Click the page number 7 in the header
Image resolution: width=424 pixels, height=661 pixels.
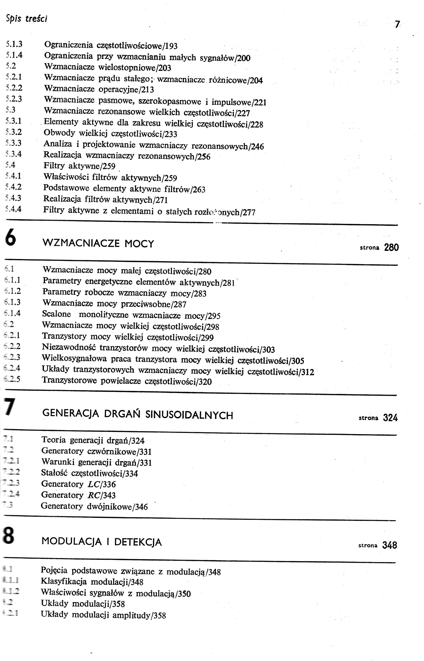(x=397, y=24)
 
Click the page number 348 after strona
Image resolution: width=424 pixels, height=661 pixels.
(x=390, y=545)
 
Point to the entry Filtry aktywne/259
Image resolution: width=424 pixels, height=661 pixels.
(x=79, y=166)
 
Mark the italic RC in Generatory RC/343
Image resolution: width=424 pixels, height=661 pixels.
(x=93, y=495)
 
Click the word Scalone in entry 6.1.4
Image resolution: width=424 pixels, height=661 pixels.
(x=56, y=314)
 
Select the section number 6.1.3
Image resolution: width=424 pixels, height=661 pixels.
(x=13, y=302)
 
